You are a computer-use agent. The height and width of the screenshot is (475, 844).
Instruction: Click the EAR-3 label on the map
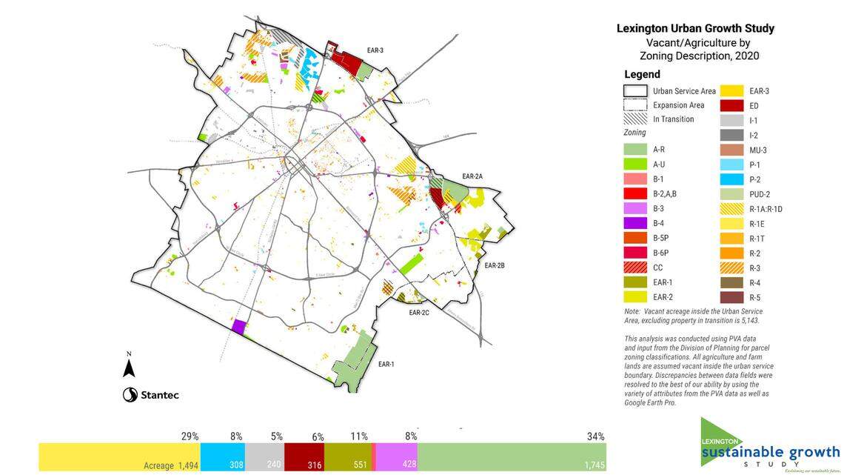(x=375, y=50)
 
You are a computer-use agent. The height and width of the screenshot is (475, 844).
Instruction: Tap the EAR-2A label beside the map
(x=472, y=176)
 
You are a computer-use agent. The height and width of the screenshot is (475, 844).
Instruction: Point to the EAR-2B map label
(x=494, y=265)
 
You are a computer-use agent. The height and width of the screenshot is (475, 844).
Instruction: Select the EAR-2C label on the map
(x=419, y=313)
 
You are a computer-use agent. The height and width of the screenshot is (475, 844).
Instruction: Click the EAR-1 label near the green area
(x=386, y=364)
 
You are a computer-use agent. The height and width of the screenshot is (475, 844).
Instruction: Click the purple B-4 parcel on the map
(x=238, y=327)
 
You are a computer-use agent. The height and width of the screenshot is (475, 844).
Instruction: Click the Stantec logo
(x=151, y=395)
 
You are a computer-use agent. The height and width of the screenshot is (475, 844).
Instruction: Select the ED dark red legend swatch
(x=733, y=105)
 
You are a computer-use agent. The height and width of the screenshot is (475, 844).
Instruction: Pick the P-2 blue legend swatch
(x=733, y=179)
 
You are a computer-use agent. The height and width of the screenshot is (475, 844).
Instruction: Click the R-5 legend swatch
(x=733, y=297)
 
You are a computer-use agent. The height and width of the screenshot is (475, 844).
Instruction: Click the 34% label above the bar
(x=595, y=436)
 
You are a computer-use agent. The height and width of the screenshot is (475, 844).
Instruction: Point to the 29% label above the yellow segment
(x=190, y=436)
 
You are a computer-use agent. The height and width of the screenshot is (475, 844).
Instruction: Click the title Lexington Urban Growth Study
(x=695, y=28)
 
